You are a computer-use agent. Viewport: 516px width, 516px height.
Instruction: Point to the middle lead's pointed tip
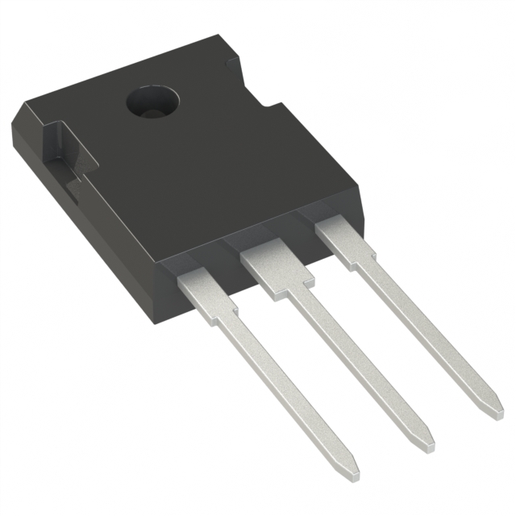coord(427,443)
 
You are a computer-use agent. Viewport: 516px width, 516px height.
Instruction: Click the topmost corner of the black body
coord(218,35)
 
